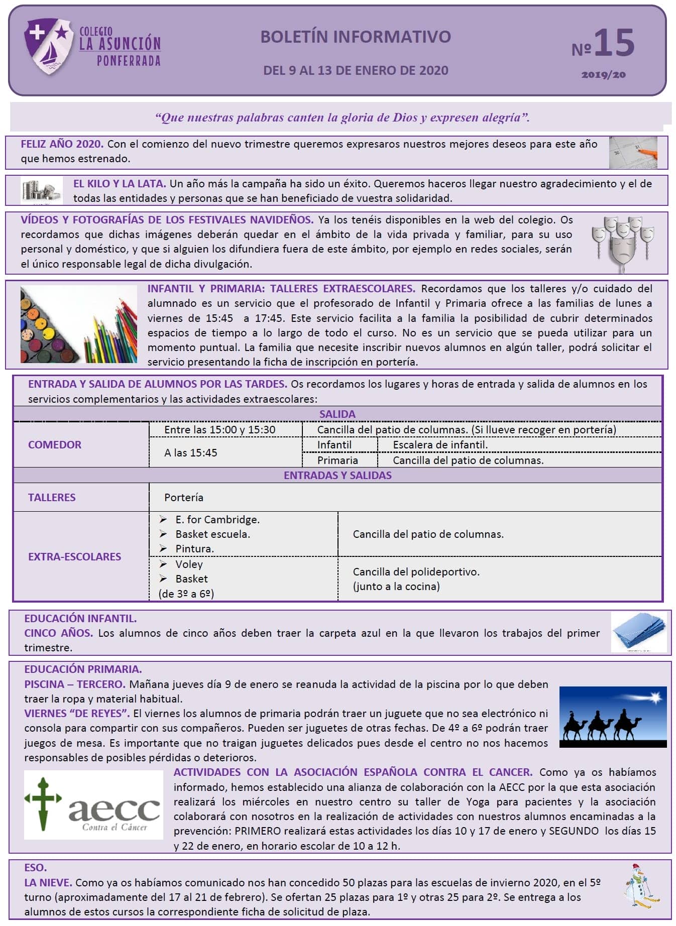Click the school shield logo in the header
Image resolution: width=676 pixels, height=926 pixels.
pyautogui.click(x=48, y=46)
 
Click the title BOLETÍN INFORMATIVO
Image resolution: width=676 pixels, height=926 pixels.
pyautogui.click(x=355, y=37)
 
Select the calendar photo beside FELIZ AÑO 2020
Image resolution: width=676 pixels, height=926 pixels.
pyautogui.click(x=633, y=153)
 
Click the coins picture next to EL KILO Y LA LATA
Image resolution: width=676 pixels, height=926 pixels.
pyautogui.click(x=41, y=191)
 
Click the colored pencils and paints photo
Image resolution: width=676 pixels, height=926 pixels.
pyautogui.click(x=79, y=324)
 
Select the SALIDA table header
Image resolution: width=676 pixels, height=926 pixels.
pyautogui.click(x=337, y=414)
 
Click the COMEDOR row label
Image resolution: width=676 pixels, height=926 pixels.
pyautogui.click(x=55, y=444)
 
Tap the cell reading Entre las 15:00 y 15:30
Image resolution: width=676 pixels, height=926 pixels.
pyautogui.click(x=220, y=430)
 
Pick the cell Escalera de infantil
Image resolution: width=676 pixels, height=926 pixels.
pyautogui.click(x=440, y=445)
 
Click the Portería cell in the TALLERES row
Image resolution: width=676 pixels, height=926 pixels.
pyautogui.click(x=184, y=497)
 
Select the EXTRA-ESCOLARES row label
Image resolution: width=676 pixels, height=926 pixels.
pyautogui.click(x=74, y=556)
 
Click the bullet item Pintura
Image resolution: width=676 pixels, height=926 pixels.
pyautogui.click(x=194, y=549)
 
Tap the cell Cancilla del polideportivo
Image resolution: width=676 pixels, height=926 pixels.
pyautogui.click(x=416, y=572)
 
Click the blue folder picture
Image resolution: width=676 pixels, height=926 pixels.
pyautogui.click(x=639, y=632)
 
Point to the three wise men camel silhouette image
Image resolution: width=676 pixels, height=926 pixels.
pyautogui.click(x=613, y=717)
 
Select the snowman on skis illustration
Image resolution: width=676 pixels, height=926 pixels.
pyautogui.click(x=640, y=888)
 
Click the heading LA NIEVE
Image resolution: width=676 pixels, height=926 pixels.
pyautogui.click(x=48, y=882)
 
